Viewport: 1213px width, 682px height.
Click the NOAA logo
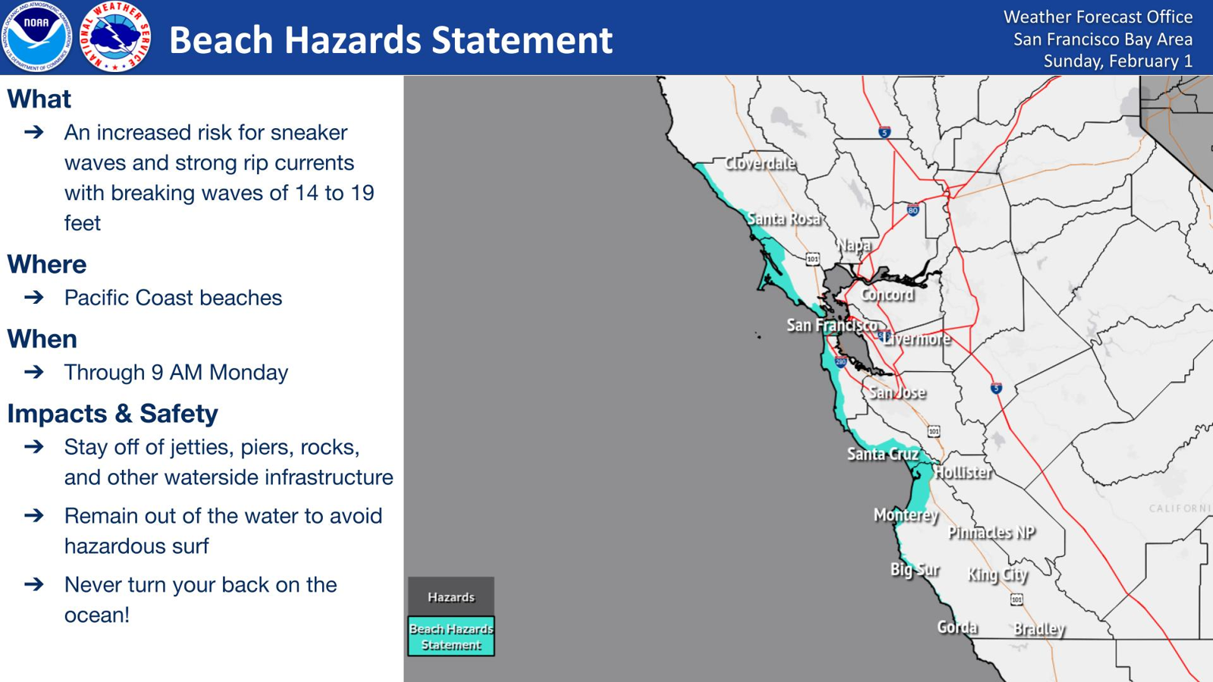[x=37, y=37]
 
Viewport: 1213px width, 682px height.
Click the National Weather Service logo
[x=115, y=37]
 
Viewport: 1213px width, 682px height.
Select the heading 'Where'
[x=46, y=264]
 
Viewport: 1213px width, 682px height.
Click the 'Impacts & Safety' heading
[x=113, y=414]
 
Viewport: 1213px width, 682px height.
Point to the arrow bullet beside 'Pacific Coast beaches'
[x=34, y=297]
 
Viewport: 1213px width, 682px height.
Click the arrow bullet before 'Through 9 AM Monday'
[x=34, y=372]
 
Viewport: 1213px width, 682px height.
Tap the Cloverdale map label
[x=760, y=163]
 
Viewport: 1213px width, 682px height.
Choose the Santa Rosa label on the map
[x=784, y=219]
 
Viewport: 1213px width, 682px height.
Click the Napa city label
[x=854, y=246]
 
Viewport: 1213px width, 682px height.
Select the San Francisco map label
[x=832, y=325]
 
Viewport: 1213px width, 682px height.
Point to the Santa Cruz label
[x=882, y=454]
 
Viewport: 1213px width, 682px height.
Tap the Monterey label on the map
[x=906, y=515]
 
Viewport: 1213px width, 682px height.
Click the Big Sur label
[x=915, y=570]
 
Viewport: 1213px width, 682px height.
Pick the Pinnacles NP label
[x=992, y=533]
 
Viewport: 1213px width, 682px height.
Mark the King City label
[x=998, y=575]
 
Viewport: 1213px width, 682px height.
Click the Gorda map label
[x=958, y=627]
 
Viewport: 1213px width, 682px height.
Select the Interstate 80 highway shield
[x=913, y=209]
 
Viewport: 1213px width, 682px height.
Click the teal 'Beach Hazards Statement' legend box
[x=451, y=637]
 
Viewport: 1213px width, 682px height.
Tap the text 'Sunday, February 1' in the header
[x=1117, y=61]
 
